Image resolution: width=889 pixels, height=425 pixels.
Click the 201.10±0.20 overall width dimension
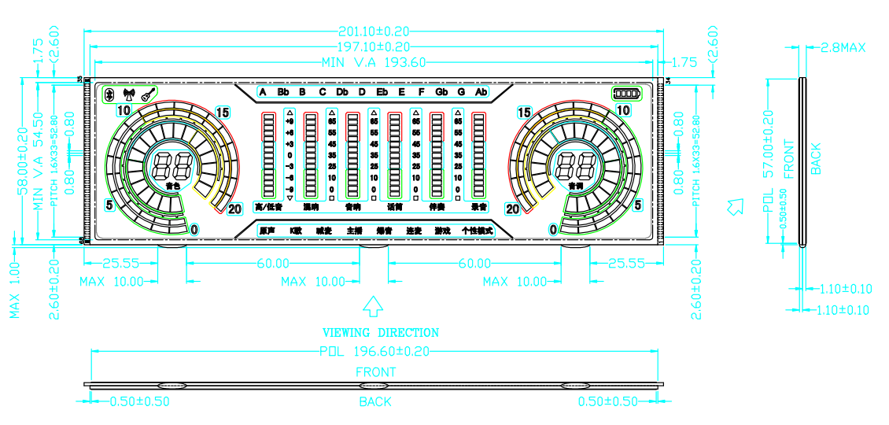point(374,31)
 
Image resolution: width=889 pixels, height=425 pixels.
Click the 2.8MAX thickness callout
point(843,47)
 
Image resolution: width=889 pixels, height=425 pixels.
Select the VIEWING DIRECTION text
point(381,332)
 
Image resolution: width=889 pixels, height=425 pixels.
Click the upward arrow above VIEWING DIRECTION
point(373,306)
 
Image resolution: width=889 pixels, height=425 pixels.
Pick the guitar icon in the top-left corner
point(147,94)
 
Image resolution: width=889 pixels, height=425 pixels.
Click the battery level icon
point(628,94)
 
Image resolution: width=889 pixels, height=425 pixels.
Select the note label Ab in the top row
point(481,92)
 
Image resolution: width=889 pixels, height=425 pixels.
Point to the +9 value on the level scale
point(290,122)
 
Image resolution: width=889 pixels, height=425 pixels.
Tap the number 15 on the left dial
point(223,113)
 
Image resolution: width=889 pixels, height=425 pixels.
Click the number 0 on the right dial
point(553,229)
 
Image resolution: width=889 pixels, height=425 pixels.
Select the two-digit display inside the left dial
point(172,165)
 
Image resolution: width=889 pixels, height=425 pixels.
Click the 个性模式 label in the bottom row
point(477,231)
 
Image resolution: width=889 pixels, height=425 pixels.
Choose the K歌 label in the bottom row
point(295,231)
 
